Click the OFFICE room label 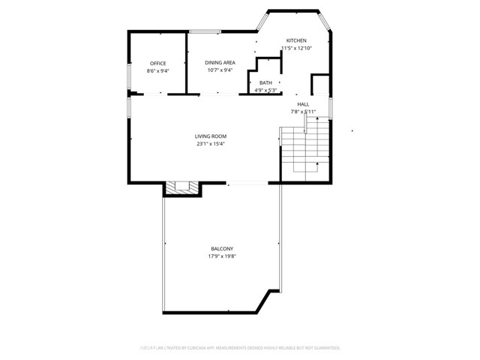157,63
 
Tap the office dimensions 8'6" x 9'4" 157,71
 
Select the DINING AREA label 221,63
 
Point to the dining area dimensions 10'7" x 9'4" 220,71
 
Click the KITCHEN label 296,40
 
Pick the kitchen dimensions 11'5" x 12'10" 296,49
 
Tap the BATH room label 266,82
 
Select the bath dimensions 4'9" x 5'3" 266,91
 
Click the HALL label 303,104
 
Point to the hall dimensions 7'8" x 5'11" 303,112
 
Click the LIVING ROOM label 211,136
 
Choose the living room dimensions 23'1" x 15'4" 211,144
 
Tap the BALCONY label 221,249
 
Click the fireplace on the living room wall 182,187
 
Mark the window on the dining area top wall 203,31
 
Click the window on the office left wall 128,79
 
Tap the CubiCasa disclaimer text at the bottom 240,348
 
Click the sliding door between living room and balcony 246,183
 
